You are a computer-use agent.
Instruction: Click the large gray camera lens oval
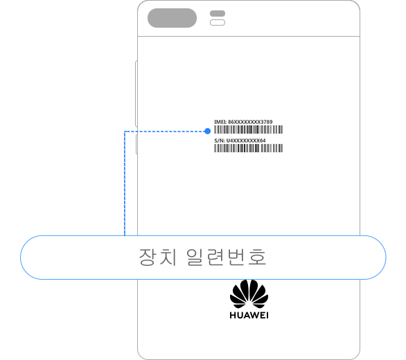(x=172, y=18)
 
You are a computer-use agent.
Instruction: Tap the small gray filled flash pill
(x=218, y=13)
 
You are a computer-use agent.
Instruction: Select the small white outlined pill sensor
(x=218, y=23)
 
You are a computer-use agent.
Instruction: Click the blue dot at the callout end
(x=207, y=132)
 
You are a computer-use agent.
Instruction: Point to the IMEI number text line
(x=243, y=122)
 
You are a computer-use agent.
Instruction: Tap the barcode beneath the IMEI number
(x=248, y=129)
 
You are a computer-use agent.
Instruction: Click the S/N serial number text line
(x=240, y=141)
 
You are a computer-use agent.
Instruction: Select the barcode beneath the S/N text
(x=248, y=148)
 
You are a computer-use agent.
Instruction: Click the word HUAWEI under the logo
(x=249, y=315)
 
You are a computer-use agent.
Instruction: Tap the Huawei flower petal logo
(x=249, y=294)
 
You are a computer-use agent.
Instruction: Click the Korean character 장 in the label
(x=148, y=257)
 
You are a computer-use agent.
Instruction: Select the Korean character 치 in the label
(x=168, y=257)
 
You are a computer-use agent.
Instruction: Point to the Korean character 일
(x=195, y=257)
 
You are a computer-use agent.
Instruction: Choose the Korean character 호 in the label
(x=257, y=257)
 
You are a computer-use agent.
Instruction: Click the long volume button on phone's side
(x=136, y=93)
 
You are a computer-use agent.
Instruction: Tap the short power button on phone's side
(x=136, y=145)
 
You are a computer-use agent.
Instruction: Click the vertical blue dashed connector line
(x=125, y=183)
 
